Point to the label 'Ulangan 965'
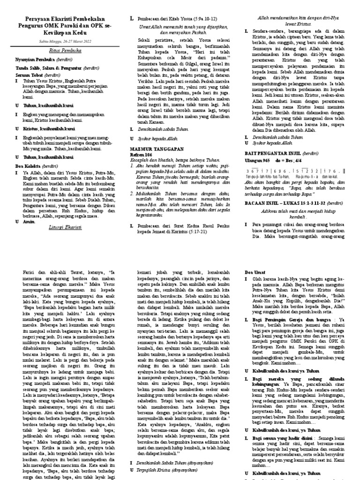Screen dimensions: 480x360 [258, 160]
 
